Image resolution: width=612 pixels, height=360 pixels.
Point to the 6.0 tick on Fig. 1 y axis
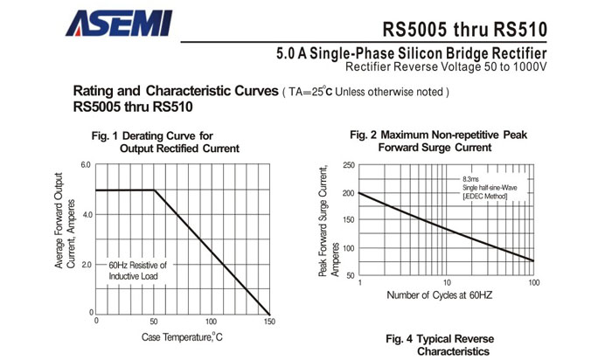86,165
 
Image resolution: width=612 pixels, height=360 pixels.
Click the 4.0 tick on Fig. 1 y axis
86,215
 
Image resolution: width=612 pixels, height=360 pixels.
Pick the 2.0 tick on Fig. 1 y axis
86,264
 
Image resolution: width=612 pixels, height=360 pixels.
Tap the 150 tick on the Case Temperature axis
268,322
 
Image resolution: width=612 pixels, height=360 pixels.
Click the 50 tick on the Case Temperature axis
154,322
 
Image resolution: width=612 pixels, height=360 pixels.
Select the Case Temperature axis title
183,337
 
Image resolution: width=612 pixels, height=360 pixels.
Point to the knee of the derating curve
155,190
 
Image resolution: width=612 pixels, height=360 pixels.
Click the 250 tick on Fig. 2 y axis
348,165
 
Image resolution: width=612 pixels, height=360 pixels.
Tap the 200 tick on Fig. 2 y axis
348,193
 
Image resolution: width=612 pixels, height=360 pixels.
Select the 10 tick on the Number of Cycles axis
446,283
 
